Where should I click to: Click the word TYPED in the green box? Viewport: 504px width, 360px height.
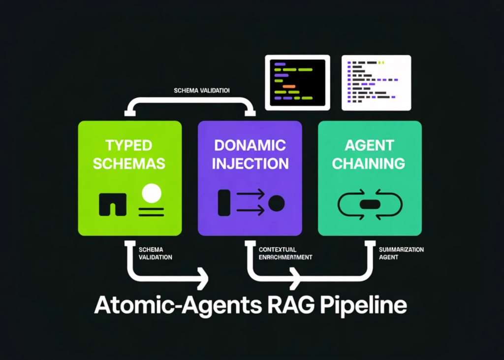point(129,145)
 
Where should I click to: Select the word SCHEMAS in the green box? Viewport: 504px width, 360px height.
point(129,163)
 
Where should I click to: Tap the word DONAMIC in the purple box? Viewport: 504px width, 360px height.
point(250,145)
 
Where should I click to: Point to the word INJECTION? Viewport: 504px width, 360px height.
point(250,163)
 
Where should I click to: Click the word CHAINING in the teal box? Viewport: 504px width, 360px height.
point(369,163)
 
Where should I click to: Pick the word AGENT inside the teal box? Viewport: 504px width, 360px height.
point(369,145)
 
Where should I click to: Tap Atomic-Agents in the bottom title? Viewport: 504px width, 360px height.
point(172,306)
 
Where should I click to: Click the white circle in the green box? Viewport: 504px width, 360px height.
point(151,193)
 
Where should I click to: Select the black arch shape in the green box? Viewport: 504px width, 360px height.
point(113,204)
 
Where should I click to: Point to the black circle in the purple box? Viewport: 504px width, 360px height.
point(276,203)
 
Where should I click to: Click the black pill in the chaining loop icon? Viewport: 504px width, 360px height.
point(370,204)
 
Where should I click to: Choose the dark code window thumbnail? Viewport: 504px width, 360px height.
point(296,81)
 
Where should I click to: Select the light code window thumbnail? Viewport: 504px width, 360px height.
point(377,82)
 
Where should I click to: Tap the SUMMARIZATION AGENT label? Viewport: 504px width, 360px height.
point(401,253)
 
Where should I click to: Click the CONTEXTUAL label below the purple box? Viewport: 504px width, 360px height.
point(279,250)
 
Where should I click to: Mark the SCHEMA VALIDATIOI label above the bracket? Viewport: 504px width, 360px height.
point(202,91)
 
